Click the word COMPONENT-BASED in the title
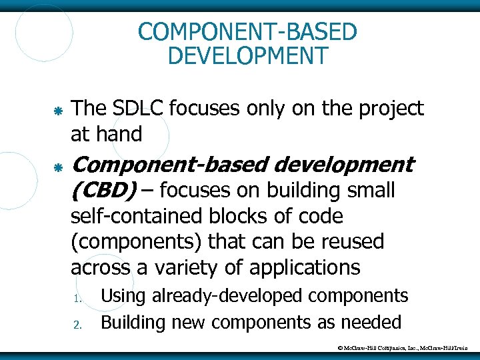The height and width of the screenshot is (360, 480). pos(247,31)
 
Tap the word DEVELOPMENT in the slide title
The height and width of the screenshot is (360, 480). pos(247,55)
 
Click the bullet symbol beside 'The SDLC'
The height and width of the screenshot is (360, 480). pos(58,109)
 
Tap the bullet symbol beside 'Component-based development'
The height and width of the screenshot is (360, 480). pos(58,165)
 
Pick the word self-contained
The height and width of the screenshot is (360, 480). pos(143,216)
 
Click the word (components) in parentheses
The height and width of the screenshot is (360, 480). pos(137,241)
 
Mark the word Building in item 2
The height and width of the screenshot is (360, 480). pos(133,323)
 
